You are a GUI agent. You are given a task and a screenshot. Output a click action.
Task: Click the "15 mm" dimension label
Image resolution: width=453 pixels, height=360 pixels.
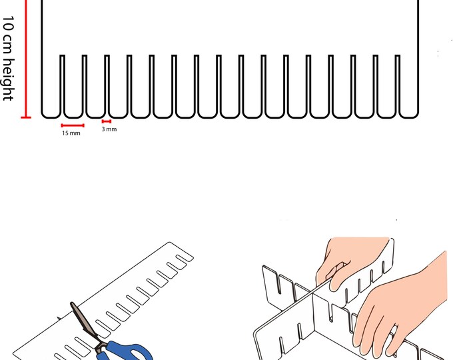click(71, 133)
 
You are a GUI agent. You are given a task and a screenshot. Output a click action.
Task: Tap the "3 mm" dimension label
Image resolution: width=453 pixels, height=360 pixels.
click(109, 129)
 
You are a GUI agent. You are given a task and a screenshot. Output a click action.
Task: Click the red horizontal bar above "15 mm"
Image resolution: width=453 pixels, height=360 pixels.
click(73, 125)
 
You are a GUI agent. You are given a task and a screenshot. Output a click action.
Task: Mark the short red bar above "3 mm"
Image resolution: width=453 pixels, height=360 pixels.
click(106, 121)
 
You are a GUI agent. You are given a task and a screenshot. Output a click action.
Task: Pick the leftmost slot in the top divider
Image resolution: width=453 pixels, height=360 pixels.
click(63, 83)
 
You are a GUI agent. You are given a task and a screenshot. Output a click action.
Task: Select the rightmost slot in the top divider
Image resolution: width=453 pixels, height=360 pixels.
click(399, 83)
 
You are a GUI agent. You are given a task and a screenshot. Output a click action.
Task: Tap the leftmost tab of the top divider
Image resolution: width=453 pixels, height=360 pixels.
click(51, 87)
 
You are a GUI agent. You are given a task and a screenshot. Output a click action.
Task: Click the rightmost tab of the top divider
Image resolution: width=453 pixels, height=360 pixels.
click(410, 87)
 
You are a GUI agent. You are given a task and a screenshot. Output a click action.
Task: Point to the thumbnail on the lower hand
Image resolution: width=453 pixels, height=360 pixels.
click(395, 329)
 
